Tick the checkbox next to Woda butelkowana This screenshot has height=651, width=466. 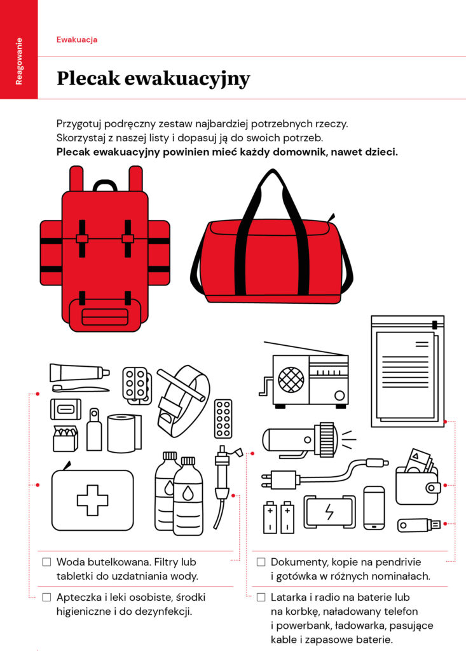tap(47, 562)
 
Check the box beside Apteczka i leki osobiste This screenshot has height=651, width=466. tap(47, 597)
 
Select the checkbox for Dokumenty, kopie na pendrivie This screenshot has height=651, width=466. tap(261, 562)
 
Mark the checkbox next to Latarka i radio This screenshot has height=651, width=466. tap(261, 597)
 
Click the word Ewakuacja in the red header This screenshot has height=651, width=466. tap(77, 39)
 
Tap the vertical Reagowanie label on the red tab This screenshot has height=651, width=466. tap(18, 62)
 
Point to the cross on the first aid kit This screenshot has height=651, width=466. tap(92, 500)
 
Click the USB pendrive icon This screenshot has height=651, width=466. tap(419, 524)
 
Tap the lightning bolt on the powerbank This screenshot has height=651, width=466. tap(329, 512)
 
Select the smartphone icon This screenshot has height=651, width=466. tap(374, 508)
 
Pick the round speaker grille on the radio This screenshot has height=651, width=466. tap(291, 380)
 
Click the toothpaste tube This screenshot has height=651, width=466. tap(79, 372)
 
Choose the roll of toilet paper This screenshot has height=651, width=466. tap(124, 433)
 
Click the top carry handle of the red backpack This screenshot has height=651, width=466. tap(105, 185)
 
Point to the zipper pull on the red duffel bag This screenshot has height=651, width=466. tap(331, 218)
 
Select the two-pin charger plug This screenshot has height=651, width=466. tap(278, 480)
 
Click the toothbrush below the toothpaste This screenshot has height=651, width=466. tap(81, 388)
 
